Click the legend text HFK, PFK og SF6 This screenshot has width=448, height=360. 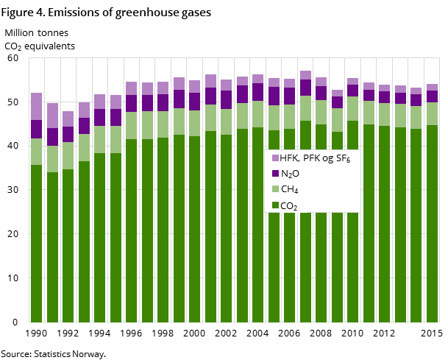point(316,158)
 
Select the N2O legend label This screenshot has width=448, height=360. point(290,174)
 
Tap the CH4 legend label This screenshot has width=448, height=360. point(288,190)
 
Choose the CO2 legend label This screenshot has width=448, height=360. point(288,206)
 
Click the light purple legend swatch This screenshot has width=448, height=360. point(275,158)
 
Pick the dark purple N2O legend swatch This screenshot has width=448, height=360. point(275,174)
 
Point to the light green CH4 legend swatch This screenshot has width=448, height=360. point(275,190)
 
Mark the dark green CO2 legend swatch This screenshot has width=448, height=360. point(275,206)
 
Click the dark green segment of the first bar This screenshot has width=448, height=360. point(36,243)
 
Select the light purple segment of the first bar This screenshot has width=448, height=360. point(36,106)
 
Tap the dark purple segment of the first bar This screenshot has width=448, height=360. point(36,129)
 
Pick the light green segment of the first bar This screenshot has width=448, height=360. point(36,152)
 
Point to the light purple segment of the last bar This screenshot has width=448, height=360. point(432,87)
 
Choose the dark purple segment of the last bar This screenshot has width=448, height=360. point(432,96)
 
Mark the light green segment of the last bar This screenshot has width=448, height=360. point(432,113)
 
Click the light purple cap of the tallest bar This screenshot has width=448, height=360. point(305,75)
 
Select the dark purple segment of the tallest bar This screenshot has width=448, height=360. point(305,88)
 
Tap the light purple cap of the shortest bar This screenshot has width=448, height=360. point(68,119)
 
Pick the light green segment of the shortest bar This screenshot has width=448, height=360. point(68,155)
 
